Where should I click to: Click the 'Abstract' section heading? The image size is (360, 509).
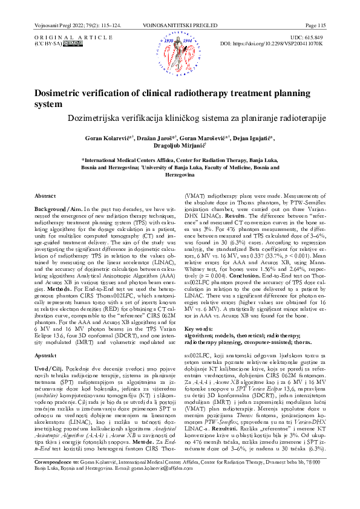click(45, 196)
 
